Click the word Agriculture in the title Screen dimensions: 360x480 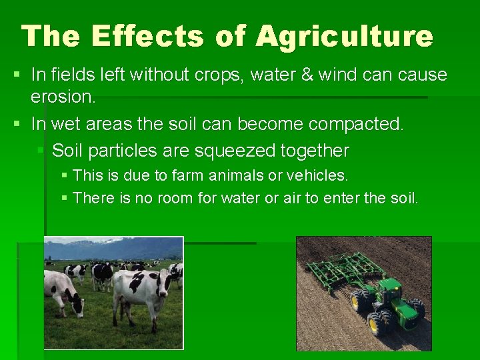(x=344, y=36)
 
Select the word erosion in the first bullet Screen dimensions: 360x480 (x=63, y=97)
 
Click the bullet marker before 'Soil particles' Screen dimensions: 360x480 (x=42, y=151)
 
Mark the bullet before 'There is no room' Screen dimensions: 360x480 (x=64, y=198)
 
